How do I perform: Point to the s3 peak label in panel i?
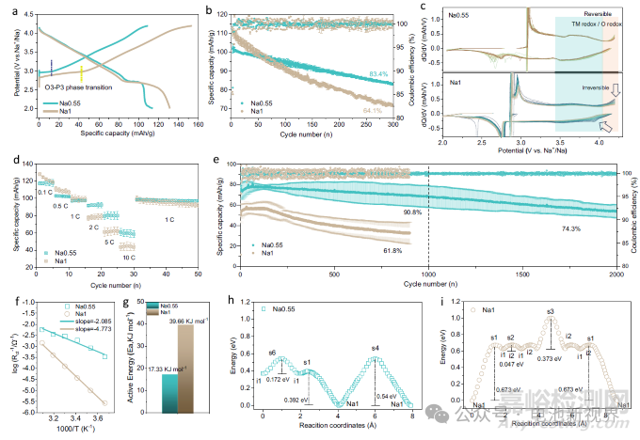550,311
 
